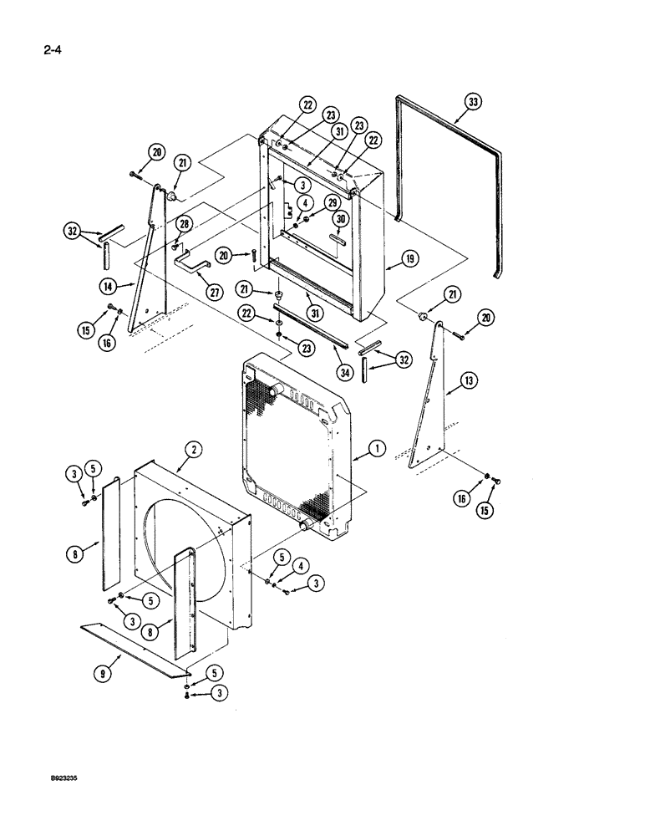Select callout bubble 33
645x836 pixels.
[x=474, y=104]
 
